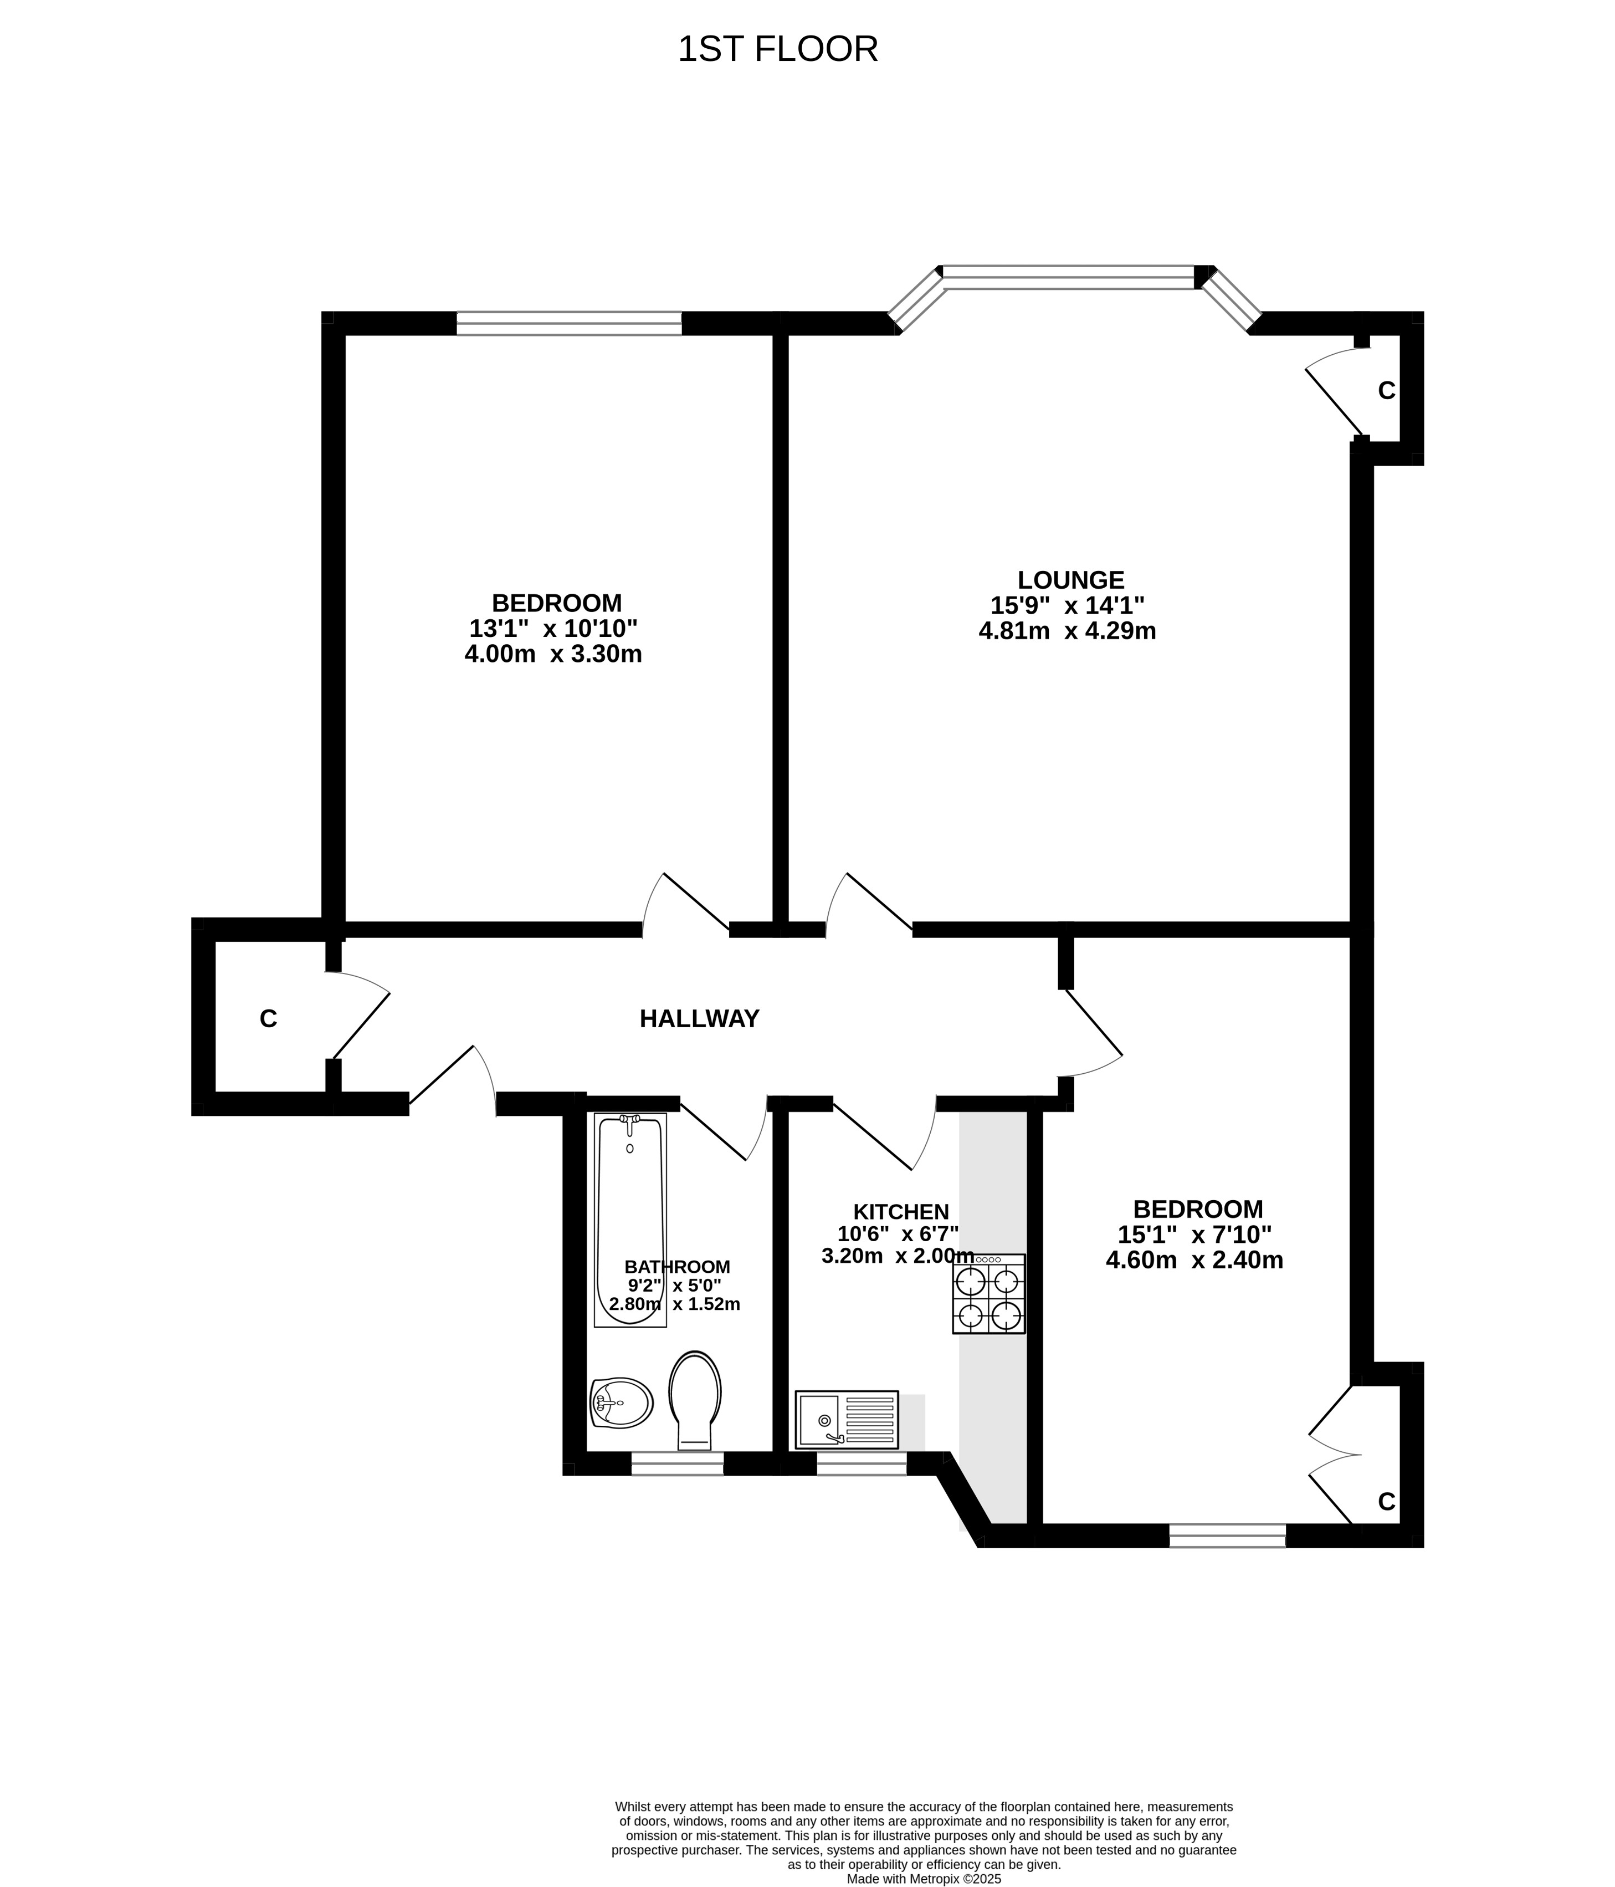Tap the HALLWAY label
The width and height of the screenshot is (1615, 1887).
(699, 1019)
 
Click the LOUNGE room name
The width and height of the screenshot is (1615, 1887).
(1070, 580)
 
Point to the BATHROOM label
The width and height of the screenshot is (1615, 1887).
(678, 1267)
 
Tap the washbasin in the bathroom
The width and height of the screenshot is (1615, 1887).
(622, 1402)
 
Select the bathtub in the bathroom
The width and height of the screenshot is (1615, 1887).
(630, 1220)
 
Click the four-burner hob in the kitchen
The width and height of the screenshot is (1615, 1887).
(988, 1294)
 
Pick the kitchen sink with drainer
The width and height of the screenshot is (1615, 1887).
(847, 1420)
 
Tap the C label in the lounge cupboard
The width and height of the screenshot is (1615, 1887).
(1387, 391)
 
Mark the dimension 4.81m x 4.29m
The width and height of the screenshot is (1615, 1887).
(1067, 630)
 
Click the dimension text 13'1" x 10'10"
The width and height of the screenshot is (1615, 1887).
(553, 629)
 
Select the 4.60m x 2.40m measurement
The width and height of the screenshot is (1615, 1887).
(1194, 1261)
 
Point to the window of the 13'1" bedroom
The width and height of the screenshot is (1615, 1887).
(569, 323)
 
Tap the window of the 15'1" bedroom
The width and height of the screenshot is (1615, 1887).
(1227, 1536)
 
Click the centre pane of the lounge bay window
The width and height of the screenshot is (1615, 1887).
(1069, 277)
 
